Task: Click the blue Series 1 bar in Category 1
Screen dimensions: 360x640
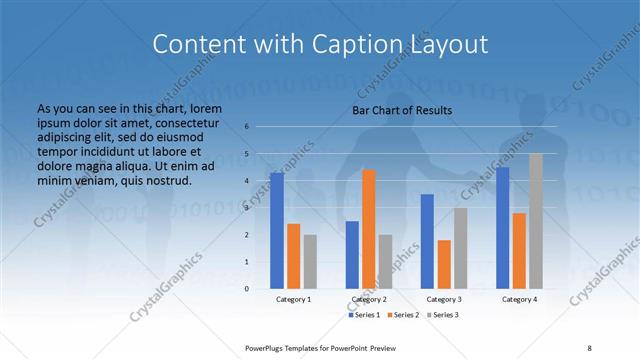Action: tap(277, 231)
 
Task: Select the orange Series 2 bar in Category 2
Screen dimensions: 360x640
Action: tap(369, 229)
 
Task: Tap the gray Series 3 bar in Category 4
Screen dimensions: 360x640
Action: tap(536, 221)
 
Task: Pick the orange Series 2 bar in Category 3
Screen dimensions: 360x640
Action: tap(444, 264)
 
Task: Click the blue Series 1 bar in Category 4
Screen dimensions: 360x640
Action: tap(503, 228)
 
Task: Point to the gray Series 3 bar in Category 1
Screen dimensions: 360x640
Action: tap(310, 261)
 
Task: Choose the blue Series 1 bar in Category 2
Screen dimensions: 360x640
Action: tap(352, 255)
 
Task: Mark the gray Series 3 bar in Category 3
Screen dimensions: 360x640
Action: tap(461, 248)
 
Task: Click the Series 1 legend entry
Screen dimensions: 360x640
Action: tap(365, 315)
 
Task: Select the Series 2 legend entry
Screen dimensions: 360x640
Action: tap(404, 315)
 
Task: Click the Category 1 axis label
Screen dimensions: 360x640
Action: tap(293, 299)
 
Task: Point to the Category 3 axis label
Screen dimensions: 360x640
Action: tap(444, 299)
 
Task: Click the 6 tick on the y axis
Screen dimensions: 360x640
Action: tap(247, 127)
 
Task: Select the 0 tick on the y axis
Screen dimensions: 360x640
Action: tap(247, 288)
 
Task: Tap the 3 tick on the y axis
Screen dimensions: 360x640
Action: tap(247, 208)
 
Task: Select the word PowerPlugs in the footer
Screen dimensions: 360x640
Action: tap(269, 347)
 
